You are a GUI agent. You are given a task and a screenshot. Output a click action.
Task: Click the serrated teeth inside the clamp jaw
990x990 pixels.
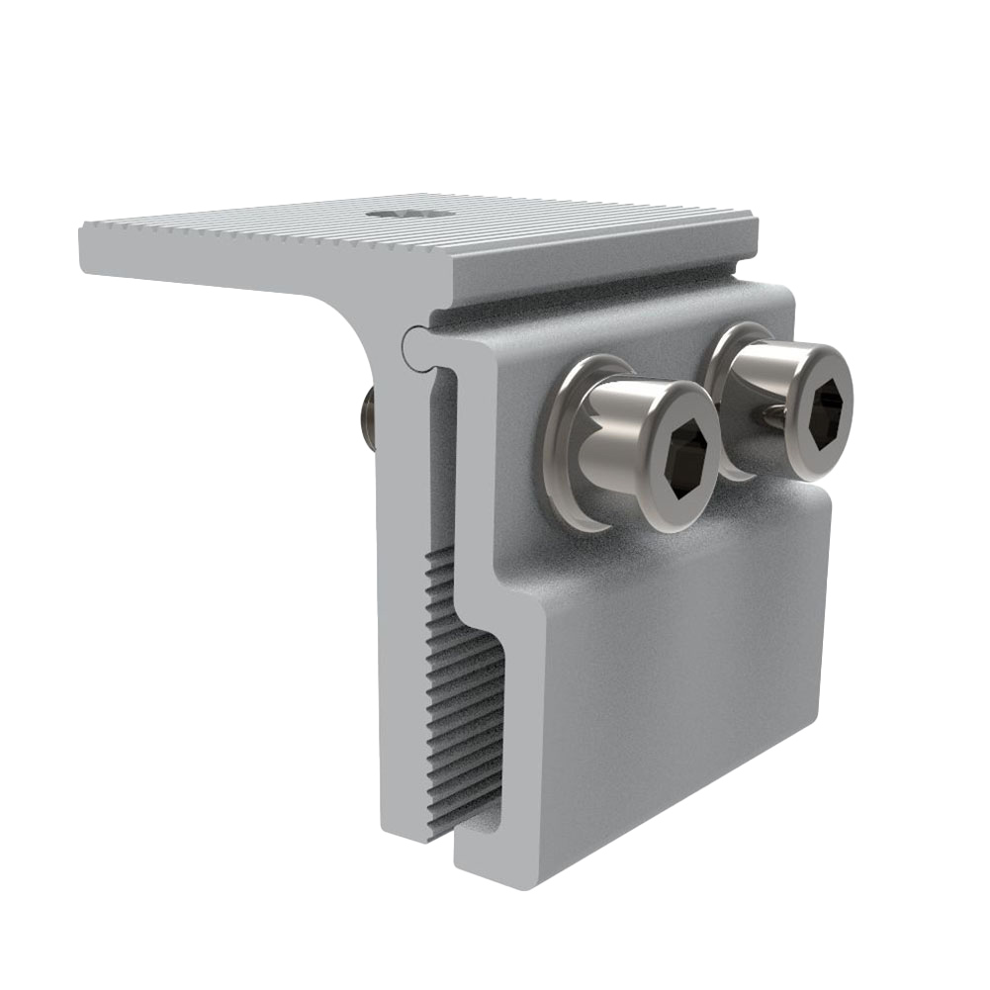point(465,692)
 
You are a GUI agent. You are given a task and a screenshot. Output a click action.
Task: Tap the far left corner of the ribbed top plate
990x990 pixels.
point(84,229)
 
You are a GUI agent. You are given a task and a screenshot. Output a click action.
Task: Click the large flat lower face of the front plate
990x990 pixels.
point(682,682)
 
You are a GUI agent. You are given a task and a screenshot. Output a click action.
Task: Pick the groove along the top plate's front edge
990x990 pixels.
point(593,282)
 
